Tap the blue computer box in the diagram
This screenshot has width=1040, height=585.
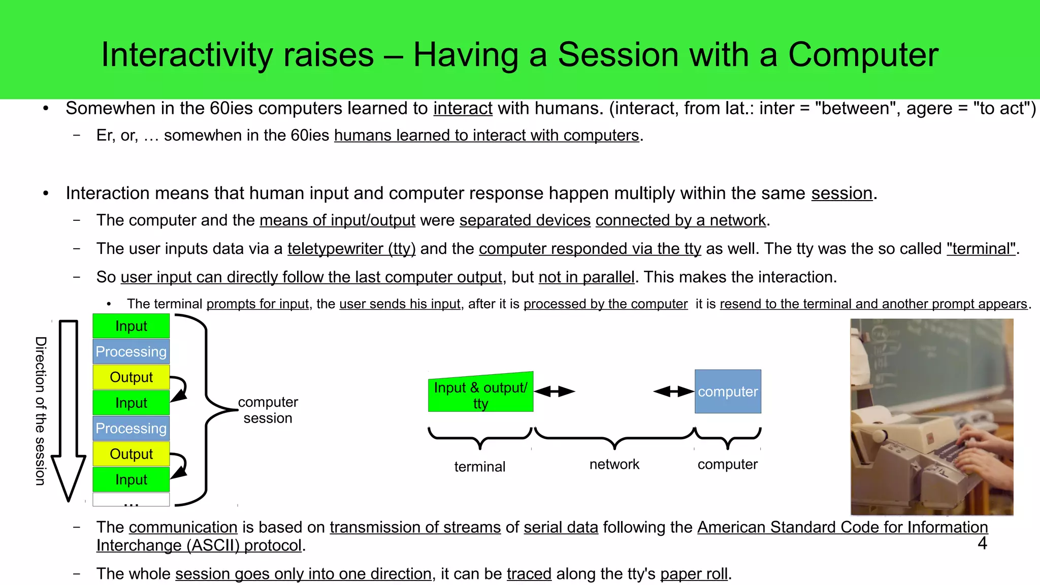728,392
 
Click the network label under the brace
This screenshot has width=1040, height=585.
614,464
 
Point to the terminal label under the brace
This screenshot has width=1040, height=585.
479,467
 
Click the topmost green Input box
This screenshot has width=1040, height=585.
131,326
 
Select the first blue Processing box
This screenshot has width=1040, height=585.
131,351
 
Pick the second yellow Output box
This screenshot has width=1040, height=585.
131,454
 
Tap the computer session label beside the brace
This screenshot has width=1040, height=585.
268,410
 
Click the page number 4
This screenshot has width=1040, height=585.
982,543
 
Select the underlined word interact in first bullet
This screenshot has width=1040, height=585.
463,109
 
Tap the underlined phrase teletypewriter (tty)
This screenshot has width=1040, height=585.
351,249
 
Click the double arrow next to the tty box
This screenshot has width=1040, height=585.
554,392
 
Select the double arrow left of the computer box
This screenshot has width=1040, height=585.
673,392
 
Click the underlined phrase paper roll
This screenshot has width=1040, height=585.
694,574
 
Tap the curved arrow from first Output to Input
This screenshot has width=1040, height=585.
180,388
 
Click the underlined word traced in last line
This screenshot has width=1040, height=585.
529,574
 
